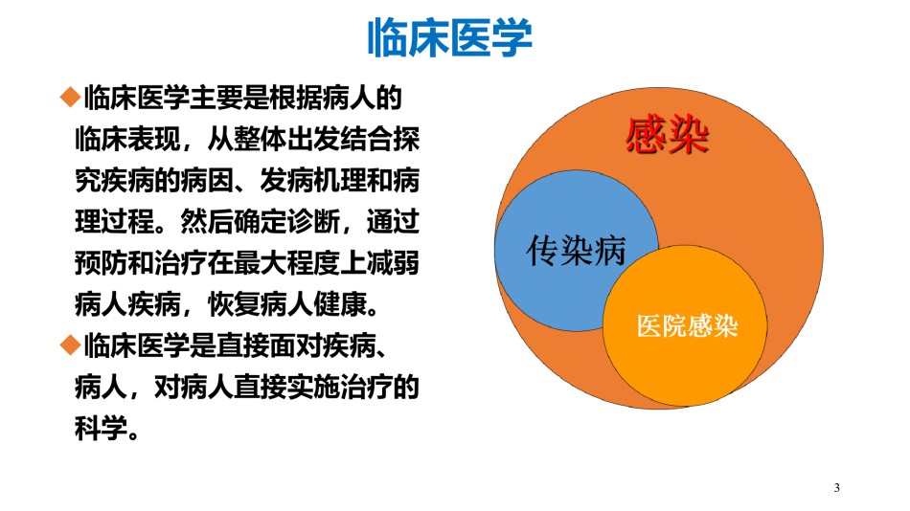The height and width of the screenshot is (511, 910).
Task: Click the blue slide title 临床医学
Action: click(450, 38)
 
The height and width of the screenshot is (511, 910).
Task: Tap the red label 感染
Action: click(668, 135)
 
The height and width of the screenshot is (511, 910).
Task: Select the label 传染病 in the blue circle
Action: click(576, 251)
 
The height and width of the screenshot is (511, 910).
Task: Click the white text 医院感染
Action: click(687, 326)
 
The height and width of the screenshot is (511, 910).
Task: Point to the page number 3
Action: click(836, 487)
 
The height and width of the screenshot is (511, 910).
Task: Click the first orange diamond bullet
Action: click(70, 97)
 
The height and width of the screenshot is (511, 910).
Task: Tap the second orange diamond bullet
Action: click(70, 345)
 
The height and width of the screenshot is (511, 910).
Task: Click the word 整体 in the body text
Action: click(260, 139)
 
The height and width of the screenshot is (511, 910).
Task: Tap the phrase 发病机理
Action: click(313, 181)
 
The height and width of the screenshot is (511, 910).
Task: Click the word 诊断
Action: click(313, 222)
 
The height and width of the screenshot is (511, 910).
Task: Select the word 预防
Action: click(101, 263)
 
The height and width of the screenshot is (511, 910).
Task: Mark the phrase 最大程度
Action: click(286, 263)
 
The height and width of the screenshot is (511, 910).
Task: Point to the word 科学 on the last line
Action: click(101, 429)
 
